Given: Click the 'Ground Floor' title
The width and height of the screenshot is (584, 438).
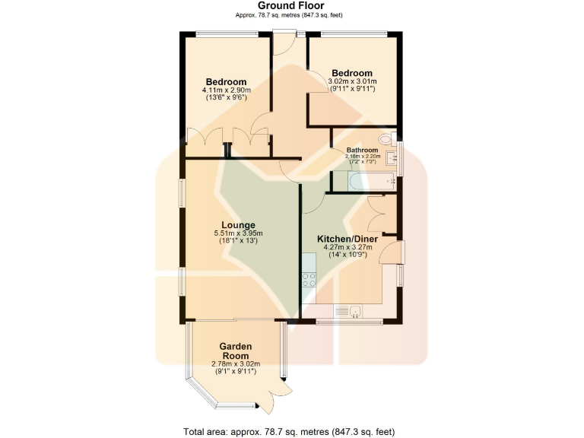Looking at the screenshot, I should tap(291, 5).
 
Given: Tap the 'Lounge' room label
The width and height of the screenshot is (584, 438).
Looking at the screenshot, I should tap(238, 225).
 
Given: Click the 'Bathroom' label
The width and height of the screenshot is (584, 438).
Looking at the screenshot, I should tap(362, 151).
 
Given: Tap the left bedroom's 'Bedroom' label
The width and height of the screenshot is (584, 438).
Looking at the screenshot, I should tap(226, 82).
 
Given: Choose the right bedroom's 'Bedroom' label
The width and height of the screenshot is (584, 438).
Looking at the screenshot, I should tap(351, 73).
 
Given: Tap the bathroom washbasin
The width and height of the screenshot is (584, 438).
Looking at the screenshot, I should tap(392, 158).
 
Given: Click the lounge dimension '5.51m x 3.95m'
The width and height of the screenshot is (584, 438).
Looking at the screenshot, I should tap(238, 233).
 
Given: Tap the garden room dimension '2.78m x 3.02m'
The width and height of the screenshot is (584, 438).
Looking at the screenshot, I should tap(235, 363).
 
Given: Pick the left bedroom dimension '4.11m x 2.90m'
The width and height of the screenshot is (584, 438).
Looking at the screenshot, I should tap(226, 90).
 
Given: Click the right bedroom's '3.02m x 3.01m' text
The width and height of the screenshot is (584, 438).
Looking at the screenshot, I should tap(351, 81).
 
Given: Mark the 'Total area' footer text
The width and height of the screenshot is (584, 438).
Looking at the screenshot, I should tap(289, 431).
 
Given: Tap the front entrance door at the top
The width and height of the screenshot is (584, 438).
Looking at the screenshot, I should tap(284, 43).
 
